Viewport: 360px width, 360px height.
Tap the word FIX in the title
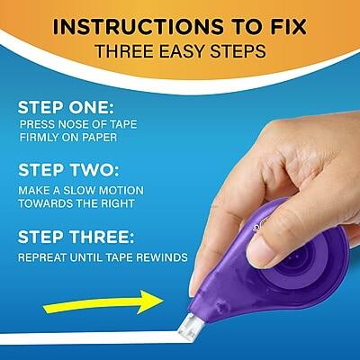(x=290, y=25)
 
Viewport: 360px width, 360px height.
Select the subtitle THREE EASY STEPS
(x=180, y=50)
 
